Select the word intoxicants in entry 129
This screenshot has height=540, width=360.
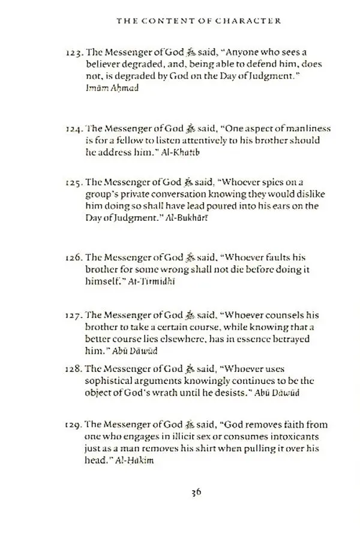point(289,436)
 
